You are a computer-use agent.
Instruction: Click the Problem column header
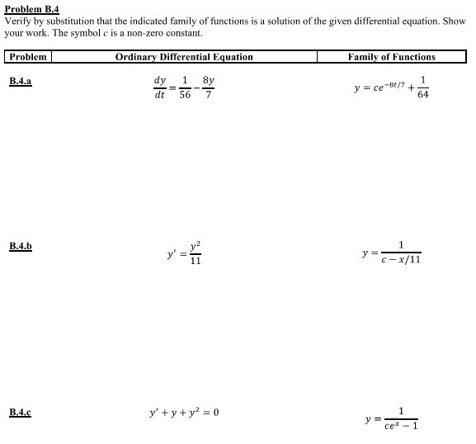pos(27,57)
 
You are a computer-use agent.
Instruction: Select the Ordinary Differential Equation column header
pos(184,57)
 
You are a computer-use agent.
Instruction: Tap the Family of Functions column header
pos(392,57)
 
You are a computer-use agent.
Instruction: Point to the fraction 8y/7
pos(209,87)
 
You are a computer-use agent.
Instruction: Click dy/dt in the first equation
pos(159,87)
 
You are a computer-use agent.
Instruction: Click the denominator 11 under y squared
pos(195,261)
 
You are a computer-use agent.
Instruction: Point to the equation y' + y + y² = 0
pos(182,411)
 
